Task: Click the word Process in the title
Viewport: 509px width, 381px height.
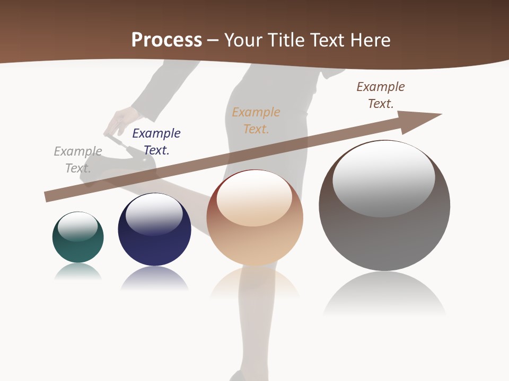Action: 166,40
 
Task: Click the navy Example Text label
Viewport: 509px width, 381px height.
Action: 156,142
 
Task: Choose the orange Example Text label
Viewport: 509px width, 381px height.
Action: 256,121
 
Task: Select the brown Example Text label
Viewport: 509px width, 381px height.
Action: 381,95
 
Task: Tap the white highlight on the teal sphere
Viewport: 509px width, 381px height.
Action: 77,226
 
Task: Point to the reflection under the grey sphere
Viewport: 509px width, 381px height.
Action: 384,294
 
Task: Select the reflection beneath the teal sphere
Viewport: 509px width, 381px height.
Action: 78,271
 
